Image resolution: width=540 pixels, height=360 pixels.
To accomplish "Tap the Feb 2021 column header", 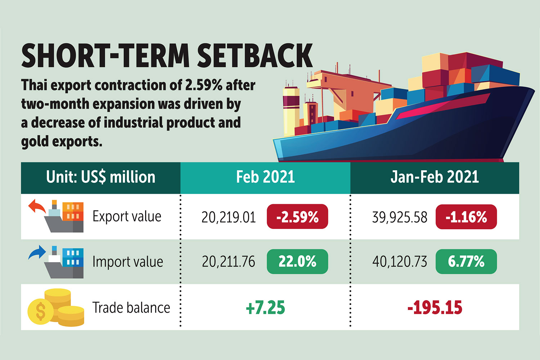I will pos(265,177).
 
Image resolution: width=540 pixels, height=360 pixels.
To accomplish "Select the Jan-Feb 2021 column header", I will pos(435,177).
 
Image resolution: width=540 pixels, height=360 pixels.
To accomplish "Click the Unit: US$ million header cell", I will pos(101,177).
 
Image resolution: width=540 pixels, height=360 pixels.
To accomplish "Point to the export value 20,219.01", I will pos(229,217).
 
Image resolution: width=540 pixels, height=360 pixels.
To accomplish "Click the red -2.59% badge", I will pos(297,217).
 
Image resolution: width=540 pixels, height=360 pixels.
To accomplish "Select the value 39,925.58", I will pos(400,217).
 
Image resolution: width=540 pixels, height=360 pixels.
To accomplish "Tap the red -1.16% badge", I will pos(466,217).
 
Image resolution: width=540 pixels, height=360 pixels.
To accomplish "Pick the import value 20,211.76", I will pos(229,262).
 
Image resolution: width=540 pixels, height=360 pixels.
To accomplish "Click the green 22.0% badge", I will pos(297,262).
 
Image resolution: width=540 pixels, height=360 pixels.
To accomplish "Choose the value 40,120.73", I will pos(400,262).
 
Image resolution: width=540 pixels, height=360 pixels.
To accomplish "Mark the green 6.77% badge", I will pos(466,262).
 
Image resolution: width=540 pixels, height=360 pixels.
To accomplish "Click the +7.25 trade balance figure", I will pos(265,308).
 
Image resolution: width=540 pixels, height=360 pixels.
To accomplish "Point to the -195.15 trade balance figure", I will pos(435,308).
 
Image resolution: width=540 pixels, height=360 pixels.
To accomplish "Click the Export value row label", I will pos(127,216).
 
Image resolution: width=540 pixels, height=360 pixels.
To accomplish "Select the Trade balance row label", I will pos(131,308).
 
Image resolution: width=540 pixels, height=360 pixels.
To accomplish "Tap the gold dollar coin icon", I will pos(41,311).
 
